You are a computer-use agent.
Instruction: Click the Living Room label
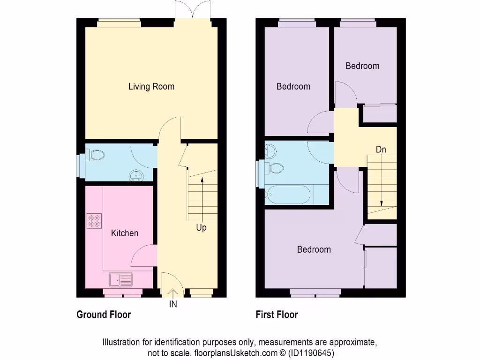(x=151, y=87)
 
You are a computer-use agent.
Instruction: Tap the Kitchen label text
(x=125, y=233)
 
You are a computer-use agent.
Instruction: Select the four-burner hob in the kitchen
(x=94, y=221)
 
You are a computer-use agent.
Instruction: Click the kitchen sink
(x=121, y=280)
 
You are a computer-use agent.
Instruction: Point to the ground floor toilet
(x=95, y=155)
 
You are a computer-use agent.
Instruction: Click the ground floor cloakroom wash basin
(x=137, y=175)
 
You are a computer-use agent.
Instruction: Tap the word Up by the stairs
(x=201, y=228)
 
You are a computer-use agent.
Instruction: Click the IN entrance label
(x=173, y=304)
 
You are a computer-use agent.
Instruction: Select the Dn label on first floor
(x=381, y=150)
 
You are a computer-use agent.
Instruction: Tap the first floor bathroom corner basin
(x=270, y=150)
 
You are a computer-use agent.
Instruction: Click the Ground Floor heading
(x=104, y=315)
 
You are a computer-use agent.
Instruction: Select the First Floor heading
(x=277, y=315)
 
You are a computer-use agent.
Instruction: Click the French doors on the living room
(x=190, y=10)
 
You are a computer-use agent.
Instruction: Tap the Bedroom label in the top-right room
(x=362, y=66)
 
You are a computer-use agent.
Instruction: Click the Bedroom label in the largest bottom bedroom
(x=314, y=249)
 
